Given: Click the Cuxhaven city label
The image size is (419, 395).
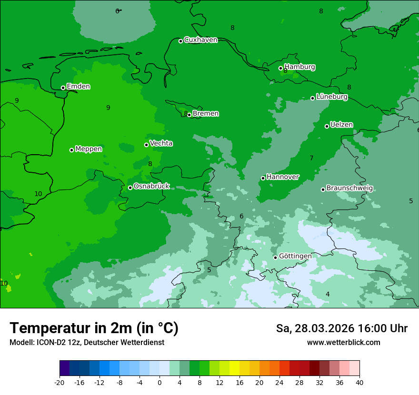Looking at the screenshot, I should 200,40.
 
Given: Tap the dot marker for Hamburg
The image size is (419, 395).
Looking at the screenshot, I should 281,68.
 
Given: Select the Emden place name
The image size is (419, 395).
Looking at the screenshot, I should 78,87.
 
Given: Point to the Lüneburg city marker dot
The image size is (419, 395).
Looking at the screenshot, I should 313,98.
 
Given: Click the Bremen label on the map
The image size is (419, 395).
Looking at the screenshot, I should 206,114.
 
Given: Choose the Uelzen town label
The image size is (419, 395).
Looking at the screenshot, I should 341,125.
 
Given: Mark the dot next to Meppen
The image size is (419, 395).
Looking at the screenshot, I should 72,150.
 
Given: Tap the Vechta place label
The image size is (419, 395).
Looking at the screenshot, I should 161,143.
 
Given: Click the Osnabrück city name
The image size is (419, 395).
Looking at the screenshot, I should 151,187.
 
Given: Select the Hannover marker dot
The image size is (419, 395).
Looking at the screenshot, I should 263,178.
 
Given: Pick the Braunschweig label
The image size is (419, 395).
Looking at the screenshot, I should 349,188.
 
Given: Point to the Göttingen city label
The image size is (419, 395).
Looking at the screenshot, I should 295,257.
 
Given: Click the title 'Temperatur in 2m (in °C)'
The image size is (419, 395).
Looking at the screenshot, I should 94,328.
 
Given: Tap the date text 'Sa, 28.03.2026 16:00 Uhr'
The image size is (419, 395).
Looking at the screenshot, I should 341,328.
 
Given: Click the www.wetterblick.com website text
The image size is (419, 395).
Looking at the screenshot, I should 343,343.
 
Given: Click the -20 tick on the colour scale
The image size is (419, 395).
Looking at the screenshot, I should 60,383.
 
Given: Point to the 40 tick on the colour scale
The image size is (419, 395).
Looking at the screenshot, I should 359,383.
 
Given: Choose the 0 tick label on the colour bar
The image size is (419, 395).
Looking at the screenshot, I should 160,383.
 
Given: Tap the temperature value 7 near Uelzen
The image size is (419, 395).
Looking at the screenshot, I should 311,158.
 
